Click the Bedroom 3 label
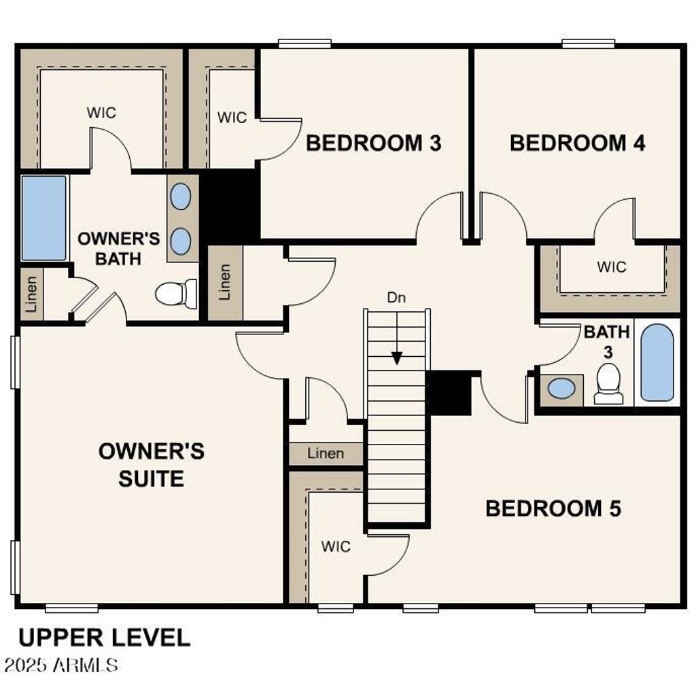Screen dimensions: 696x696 373,143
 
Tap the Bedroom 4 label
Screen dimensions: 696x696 577,143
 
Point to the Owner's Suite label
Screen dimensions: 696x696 152,465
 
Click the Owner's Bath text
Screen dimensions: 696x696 118,248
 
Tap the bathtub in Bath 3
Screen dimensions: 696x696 657,362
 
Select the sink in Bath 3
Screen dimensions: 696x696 561,389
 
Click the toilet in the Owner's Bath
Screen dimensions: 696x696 175,294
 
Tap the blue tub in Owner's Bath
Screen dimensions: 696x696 44,217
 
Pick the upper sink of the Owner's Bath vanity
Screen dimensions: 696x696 181,196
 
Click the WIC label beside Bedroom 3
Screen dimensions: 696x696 232,118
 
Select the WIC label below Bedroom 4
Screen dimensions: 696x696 611,267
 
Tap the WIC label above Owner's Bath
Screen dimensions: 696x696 101,112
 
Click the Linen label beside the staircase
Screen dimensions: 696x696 326,453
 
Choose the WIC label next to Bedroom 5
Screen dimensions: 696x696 336,546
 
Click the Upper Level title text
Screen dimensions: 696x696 104,638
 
